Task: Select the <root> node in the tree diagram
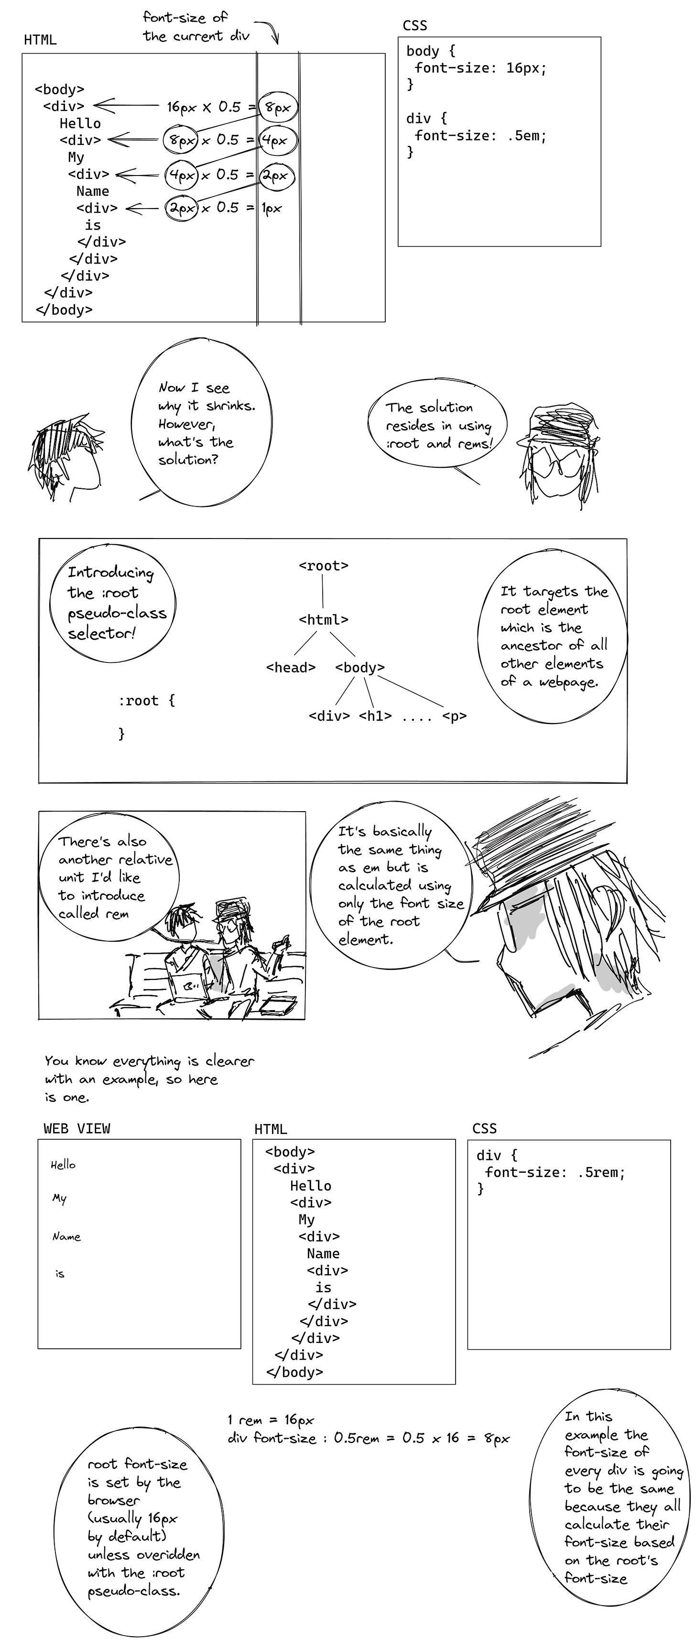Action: click(323, 566)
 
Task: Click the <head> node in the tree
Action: click(291, 667)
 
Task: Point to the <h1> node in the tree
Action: click(375, 715)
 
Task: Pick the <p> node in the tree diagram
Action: click(454, 715)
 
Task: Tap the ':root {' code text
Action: click(146, 701)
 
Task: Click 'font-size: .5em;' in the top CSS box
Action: click(480, 136)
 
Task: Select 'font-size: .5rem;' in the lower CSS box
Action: click(555, 1172)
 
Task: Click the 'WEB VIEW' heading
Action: click(77, 1129)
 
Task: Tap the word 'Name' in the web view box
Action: click(66, 1236)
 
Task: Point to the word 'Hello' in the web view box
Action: click(63, 1165)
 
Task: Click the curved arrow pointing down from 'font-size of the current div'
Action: click(270, 31)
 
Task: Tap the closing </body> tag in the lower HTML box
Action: click(294, 1372)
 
